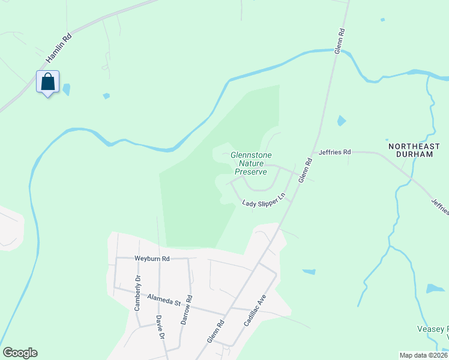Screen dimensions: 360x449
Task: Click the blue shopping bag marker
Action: pos(48,82)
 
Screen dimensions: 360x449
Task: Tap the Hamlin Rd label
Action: pos(58,49)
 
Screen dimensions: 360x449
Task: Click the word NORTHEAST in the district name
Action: pos(414,146)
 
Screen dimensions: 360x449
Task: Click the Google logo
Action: pos(20,353)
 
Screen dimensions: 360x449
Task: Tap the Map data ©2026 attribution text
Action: pos(423,355)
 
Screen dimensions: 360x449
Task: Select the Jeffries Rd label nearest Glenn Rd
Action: pos(334,152)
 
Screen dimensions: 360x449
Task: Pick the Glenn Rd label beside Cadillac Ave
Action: pos(215,331)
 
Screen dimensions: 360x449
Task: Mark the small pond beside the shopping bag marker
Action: pos(66,89)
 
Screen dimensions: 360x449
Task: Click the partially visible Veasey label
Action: pos(432,329)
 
